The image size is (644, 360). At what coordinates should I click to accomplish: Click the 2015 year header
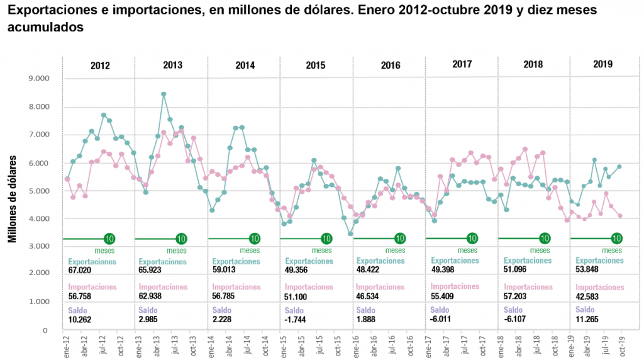coord(316,65)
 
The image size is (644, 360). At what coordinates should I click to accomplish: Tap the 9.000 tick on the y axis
coord(37,78)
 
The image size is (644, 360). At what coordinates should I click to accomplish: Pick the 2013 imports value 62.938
coord(153,296)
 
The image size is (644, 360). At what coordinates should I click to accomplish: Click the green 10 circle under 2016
coord(400,239)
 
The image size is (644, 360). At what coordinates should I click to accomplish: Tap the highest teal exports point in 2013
coord(163,94)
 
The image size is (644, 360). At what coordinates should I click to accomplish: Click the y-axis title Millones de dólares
coord(12,200)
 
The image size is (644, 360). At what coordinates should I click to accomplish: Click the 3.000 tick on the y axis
coord(37,245)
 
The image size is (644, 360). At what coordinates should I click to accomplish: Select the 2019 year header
coord(603,64)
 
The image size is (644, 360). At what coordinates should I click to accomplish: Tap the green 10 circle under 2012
coord(109,239)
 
